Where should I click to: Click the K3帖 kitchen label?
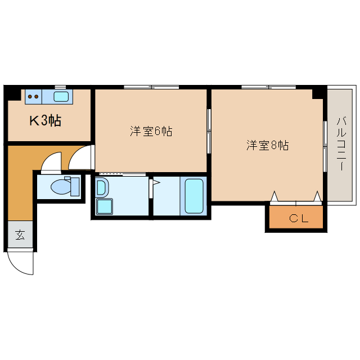point(45,120)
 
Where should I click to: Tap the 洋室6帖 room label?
point(151,132)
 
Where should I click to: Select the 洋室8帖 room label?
point(267,145)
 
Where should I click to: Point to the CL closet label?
point(299,219)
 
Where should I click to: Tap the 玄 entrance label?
point(20,235)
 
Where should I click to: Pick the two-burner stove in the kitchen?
point(33,96)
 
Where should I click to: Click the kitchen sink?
point(61,96)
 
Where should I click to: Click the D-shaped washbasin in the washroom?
point(102,187)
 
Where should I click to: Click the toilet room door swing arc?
point(52,162)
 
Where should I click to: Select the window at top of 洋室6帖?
point(151,87)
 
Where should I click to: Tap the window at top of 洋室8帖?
point(268,87)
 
